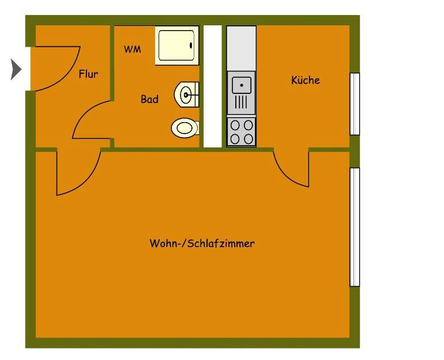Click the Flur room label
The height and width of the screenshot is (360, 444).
click(x=88, y=74)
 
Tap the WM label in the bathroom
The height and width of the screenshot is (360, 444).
click(x=132, y=50)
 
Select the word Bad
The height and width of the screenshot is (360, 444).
click(x=149, y=99)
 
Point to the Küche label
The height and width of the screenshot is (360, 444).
click(x=306, y=80)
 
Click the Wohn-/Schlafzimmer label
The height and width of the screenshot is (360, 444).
click(x=202, y=243)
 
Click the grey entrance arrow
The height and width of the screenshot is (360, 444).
click(x=16, y=69)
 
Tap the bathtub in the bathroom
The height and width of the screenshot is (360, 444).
click(x=177, y=46)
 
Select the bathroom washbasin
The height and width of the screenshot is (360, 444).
click(x=186, y=94)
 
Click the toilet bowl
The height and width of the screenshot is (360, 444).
click(x=185, y=128)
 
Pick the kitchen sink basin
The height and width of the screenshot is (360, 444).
click(x=242, y=85)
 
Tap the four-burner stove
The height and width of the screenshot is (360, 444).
click(x=242, y=132)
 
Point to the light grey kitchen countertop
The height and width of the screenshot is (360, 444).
click(x=242, y=48)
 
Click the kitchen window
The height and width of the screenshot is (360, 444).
click(x=355, y=104)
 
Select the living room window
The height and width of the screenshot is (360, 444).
click(x=355, y=227)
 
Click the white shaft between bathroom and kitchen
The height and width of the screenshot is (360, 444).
click(x=213, y=86)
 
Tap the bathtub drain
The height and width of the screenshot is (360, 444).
click(x=191, y=45)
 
